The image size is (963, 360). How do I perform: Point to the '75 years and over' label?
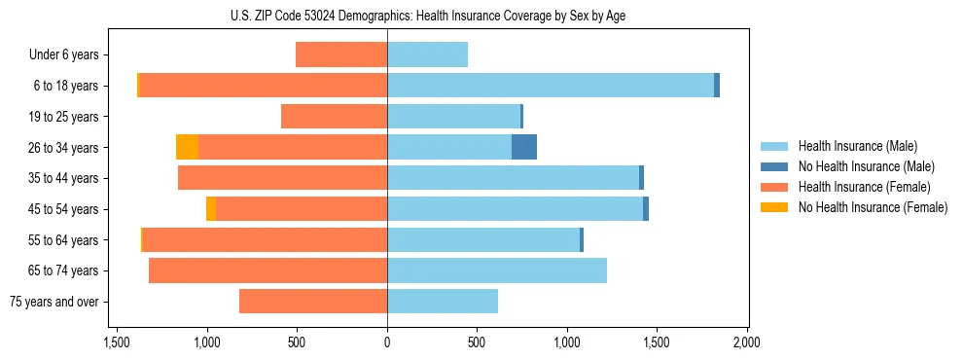(x=54, y=302)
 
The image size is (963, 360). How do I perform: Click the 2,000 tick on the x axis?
(x=746, y=342)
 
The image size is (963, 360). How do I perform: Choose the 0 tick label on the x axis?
(x=387, y=342)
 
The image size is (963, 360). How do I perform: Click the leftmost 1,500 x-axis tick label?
(x=117, y=342)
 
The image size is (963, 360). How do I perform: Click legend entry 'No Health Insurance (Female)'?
(x=873, y=207)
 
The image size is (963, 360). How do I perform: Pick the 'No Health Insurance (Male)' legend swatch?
(x=775, y=166)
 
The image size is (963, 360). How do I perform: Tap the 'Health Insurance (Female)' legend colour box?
(x=775, y=187)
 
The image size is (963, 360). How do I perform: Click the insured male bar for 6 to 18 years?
(x=551, y=86)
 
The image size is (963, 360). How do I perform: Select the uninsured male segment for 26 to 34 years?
(x=524, y=147)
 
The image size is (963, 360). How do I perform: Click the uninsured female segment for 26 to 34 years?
(x=187, y=147)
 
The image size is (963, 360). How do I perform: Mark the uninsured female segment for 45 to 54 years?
(x=211, y=209)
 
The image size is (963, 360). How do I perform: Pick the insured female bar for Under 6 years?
(x=341, y=54)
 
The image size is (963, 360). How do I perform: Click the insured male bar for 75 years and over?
(x=443, y=302)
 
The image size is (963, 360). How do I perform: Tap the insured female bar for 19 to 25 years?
(x=334, y=117)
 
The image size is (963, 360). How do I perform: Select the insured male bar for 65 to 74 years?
(x=497, y=270)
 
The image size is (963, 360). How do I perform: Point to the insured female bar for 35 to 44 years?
(x=282, y=178)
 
